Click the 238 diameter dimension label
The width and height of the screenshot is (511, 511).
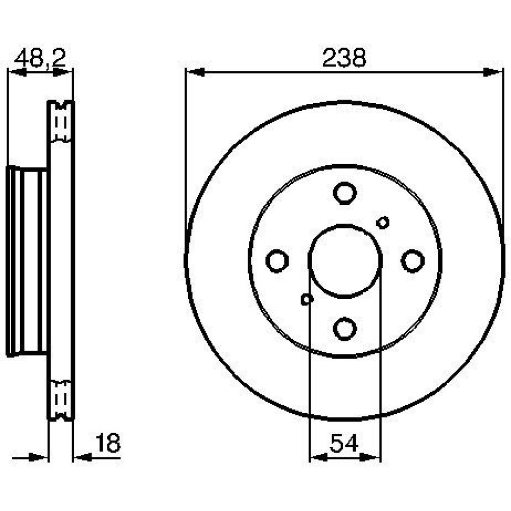[x=344, y=58]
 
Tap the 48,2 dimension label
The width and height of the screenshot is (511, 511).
[x=40, y=59]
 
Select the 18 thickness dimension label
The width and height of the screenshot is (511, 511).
[x=107, y=443]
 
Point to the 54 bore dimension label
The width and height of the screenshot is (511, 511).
[x=344, y=443]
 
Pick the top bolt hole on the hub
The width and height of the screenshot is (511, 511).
[x=345, y=193]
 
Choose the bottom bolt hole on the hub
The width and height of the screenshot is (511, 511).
[x=345, y=329]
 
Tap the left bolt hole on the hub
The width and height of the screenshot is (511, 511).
[x=277, y=261]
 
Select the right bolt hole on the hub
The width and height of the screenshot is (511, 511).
[x=412, y=261]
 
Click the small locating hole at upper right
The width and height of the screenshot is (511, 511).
[x=383, y=223]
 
